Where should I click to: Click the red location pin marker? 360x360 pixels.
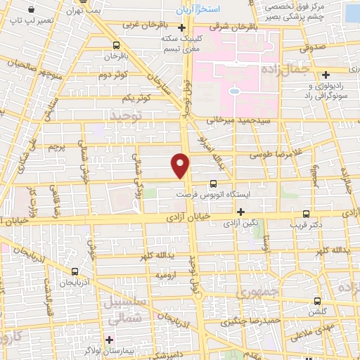[x=181, y=165]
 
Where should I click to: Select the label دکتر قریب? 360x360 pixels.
[x=304, y=225]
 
